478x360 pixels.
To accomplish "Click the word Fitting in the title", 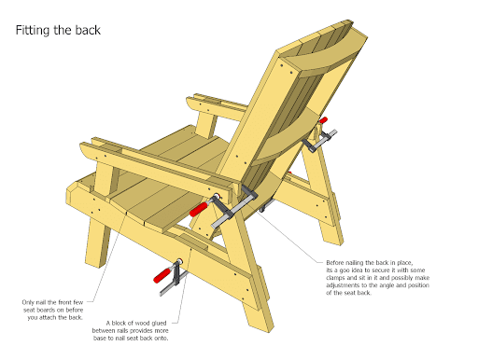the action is [x=33, y=31].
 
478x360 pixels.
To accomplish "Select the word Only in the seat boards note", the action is [x=28, y=302].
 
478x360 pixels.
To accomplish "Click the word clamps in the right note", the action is [x=336, y=278].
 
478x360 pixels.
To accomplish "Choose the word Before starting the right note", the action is [x=335, y=263].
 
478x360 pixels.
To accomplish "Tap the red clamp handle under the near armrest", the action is [x=198, y=209].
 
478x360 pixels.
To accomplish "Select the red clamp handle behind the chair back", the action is [x=324, y=120].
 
